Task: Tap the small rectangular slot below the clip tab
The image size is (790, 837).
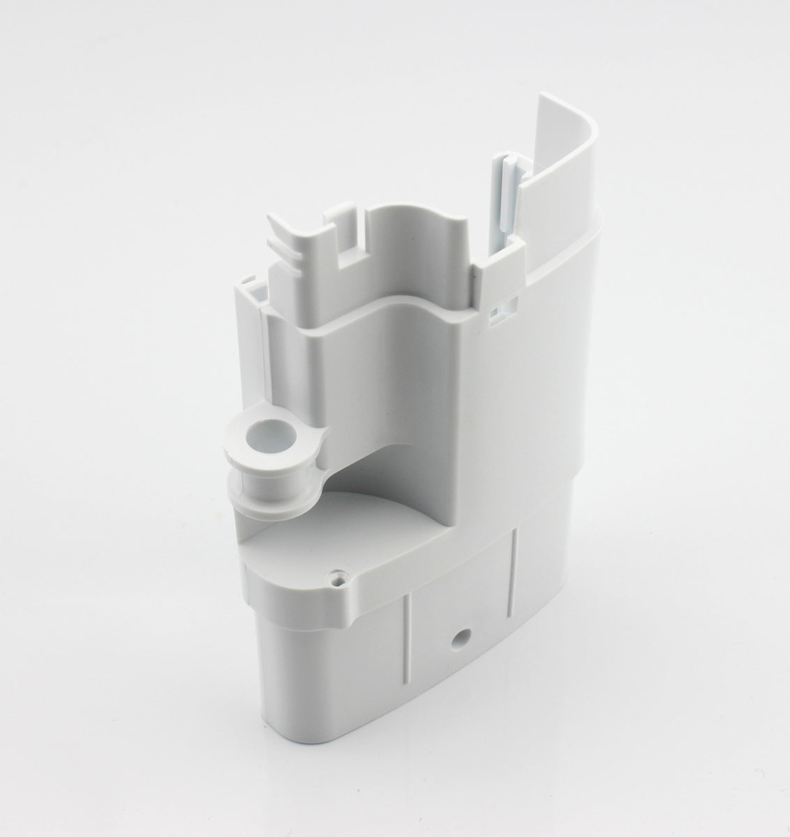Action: point(500,311)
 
